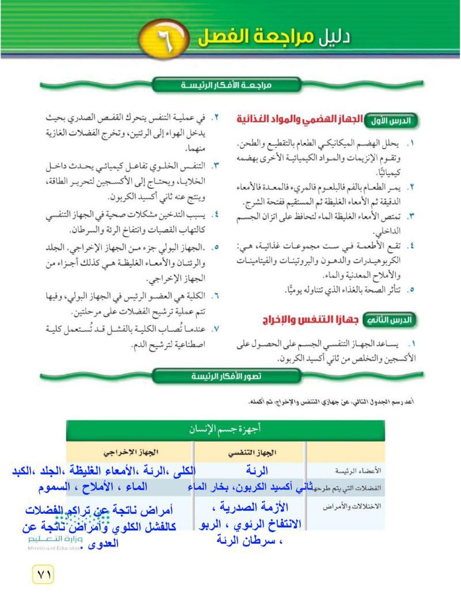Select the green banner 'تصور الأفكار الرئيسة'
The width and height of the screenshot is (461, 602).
click(228, 377)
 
